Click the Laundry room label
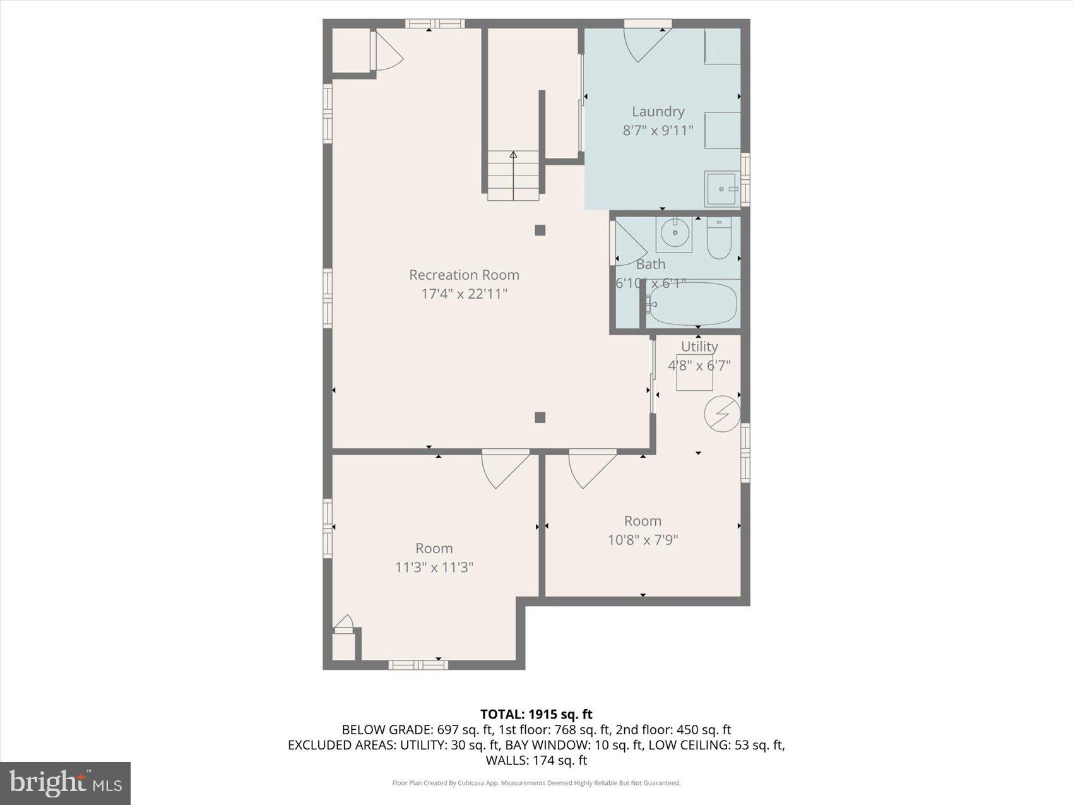pyautogui.click(x=658, y=112)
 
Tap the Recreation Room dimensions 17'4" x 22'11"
pyautogui.click(x=464, y=294)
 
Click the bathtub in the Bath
pyautogui.click(x=692, y=304)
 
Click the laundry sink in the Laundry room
pyautogui.click(x=722, y=189)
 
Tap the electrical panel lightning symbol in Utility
pyautogui.click(x=722, y=414)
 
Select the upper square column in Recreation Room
pyautogui.click(x=540, y=230)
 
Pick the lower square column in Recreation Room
pyautogui.click(x=540, y=417)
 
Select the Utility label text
pyautogui.click(x=699, y=347)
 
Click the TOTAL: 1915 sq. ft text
pyautogui.click(x=536, y=714)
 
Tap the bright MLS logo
pyautogui.click(x=65, y=783)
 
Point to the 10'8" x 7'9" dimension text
pyautogui.click(x=643, y=540)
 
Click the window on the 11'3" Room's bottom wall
pyautogui.click(x=418, y=664)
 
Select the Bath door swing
pyautogui.click(x=629, y=243)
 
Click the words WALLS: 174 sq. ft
pyautogui.click(x=536, y=760)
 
